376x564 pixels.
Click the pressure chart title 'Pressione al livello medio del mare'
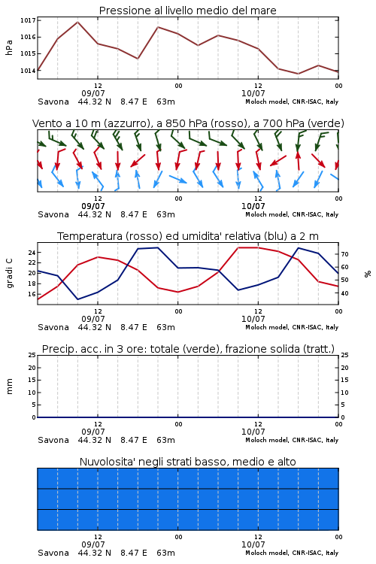(187, 11)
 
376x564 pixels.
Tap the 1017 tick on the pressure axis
(28, 20)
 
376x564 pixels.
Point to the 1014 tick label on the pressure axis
(28, 71)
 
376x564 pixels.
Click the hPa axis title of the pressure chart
(9, 47)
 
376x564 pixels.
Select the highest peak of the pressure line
(77, 23)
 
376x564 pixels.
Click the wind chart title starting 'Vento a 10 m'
(188, 123)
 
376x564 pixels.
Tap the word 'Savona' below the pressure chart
(53, 102)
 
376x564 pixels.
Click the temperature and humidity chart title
(188, 236)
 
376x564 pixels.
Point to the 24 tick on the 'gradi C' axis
(32, 253)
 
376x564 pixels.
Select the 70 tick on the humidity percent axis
(344, 254)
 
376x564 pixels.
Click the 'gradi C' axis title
(10, 274)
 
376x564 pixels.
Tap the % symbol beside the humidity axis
(368, 274)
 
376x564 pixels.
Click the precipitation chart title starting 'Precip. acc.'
(188, 349)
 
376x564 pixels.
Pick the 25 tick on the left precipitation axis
(32, 356)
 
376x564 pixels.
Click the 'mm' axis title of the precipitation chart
(10, 387)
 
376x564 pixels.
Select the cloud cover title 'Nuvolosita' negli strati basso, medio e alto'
(187, 462)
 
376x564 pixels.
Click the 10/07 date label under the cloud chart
(253, 544)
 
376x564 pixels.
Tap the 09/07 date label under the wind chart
(93, 207)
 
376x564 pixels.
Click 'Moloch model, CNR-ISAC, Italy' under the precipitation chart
(292, 440)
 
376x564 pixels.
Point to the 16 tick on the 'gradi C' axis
(32, 294)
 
